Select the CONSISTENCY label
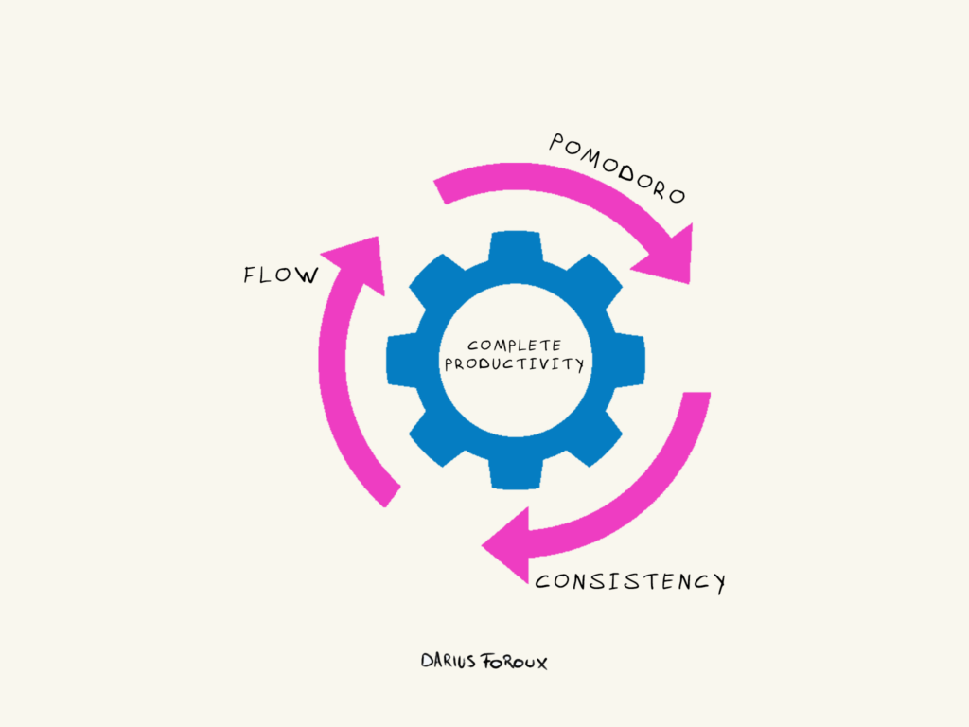(630, 580)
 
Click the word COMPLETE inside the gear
(515, 346)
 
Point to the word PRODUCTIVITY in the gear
(515, 364)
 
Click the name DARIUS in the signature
(450, 661)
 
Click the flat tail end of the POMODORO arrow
(441, 188)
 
